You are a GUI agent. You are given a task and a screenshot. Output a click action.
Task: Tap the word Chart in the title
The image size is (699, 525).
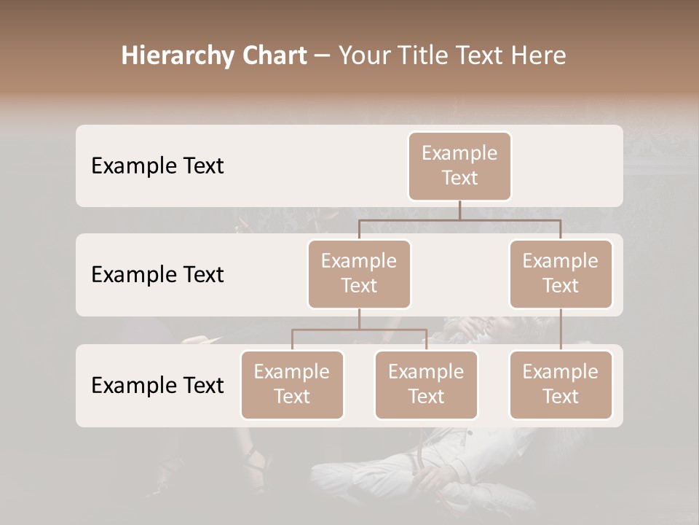pos(274,56)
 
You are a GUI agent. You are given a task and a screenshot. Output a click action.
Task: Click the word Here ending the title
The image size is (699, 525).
pos(537,56)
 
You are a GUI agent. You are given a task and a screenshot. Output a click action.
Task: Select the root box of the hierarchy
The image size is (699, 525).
pos(459,166)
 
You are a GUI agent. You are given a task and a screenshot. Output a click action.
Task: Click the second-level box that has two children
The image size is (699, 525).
pos(359,274)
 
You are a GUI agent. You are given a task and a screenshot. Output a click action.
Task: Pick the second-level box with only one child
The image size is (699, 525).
pos(561,274)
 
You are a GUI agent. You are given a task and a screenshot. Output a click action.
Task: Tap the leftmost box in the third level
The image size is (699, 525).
pos(292,385)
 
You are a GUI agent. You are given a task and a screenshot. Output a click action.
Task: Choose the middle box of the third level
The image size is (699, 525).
pos(426,385)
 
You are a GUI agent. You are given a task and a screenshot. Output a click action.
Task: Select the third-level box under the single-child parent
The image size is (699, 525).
pos(561,385)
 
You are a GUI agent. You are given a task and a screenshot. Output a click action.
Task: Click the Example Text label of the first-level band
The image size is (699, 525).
pos(157,166)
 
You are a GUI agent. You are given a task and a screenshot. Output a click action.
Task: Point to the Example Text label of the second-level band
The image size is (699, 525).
pos(157,275)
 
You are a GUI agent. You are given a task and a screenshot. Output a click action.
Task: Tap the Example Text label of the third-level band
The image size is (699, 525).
pos(157,385)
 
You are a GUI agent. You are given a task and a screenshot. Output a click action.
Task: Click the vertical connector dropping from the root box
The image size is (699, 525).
pos(459,210)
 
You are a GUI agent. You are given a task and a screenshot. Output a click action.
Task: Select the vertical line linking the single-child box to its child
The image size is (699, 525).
pos(561,330)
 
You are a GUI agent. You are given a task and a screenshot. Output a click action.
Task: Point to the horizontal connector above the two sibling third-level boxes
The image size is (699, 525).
pos(359,330)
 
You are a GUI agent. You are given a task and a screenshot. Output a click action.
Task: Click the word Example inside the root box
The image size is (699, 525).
pos(459,153)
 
